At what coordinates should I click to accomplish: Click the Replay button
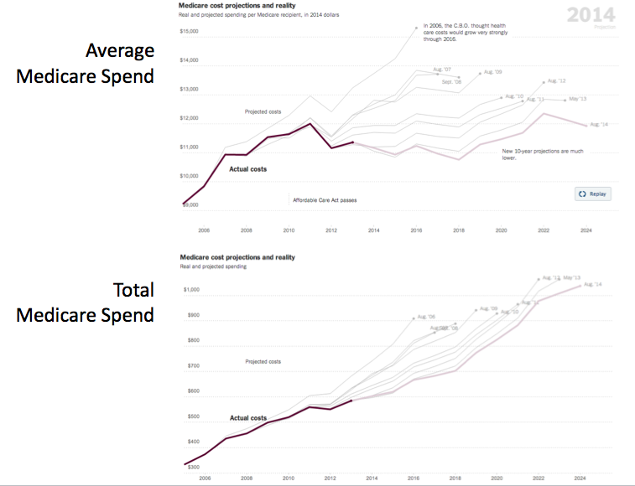(x=593, y=194)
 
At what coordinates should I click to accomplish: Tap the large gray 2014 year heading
(x=591, y=15)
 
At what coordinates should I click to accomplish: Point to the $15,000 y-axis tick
(x=189, y=32)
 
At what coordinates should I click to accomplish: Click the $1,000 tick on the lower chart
(x=192, y=290)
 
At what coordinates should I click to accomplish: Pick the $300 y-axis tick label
(x=194, y=467)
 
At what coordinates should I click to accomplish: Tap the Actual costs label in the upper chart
(x=247, y=169)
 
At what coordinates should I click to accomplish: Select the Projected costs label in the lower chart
(x=263, y=362)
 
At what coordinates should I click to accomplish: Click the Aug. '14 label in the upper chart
(x=599, y=125)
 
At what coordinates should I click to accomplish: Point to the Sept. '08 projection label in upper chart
(x=451, y=82)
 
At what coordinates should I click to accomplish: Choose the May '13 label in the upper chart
(x=578, y=99)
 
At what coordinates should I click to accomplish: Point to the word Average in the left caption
(x=120, y=50)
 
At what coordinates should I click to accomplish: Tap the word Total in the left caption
(x=134, y=290)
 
